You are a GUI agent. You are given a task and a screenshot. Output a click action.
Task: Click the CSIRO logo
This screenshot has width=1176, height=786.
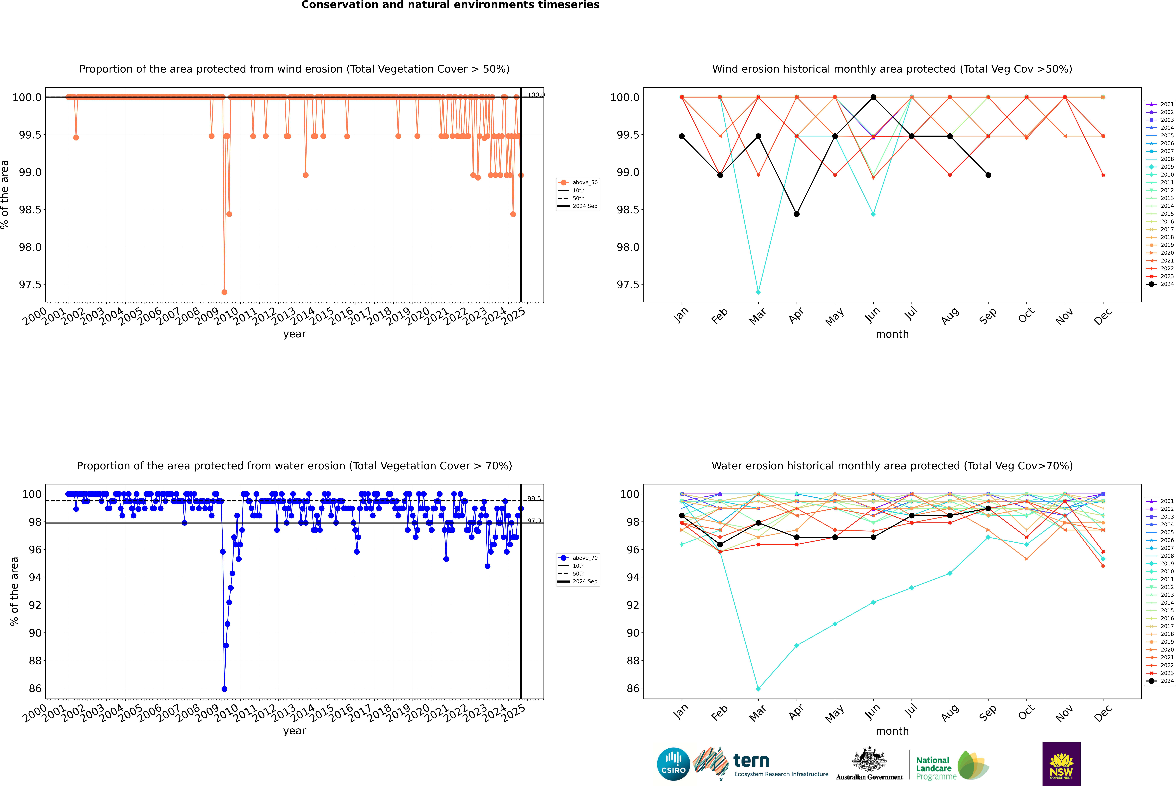tap(673, 764)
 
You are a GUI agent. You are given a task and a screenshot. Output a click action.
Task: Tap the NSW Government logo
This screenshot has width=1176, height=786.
tap(1061, 764)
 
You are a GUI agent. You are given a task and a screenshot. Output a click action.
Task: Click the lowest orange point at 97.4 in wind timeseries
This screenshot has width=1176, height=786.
tap(224, 292)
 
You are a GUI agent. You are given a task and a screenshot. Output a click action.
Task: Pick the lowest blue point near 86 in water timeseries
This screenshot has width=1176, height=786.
tap(224, 689)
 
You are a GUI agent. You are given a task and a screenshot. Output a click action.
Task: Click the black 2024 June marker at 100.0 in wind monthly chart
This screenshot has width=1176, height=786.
tap(873, 97)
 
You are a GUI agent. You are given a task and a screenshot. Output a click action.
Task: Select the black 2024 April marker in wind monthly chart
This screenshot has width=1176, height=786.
tap(797, 214)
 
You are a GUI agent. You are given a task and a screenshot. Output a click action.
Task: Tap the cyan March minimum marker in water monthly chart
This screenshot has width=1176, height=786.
tap(758, 689)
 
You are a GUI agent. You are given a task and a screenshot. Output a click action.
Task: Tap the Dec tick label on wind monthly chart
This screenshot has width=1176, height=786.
tap(1103, 316)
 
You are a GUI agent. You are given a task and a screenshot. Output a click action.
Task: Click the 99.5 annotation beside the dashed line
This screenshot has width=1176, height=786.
tap(534, 499)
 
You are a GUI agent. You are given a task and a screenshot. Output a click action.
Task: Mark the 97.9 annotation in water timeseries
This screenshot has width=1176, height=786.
tap(534, 521)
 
